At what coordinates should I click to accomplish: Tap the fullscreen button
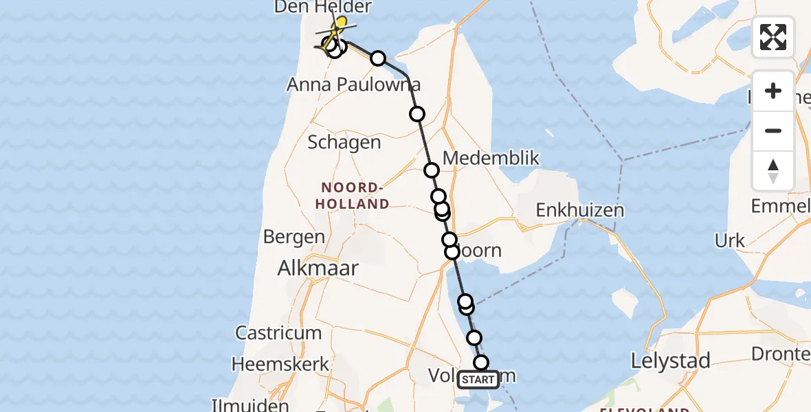pyautogui.click(x=773, y=37)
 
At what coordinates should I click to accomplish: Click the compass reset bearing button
pyautogui.click(x=773, y=171)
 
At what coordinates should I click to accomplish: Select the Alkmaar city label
pyautogui.click(x=318, y=268)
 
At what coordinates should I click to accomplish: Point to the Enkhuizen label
pyautogui.click(x=580, y=209)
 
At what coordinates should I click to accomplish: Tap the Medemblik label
pyautogui.click(x=491, y=159)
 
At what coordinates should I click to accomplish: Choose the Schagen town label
pyautogui.click(x=344, y=142)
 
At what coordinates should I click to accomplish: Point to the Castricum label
pyautogui.click(x=278, y=333)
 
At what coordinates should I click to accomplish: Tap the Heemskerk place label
pyautogui.click(x=281, y=363)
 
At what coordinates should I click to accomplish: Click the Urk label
pyautogui.click(x=730, y=240)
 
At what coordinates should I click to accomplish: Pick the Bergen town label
pyautogui.click(x=294, y=238)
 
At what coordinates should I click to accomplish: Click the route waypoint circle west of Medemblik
pyautogui.click(x=432, y=170)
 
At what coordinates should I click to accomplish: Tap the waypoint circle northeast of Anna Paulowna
pyautogui.click(x=378, y=58)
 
